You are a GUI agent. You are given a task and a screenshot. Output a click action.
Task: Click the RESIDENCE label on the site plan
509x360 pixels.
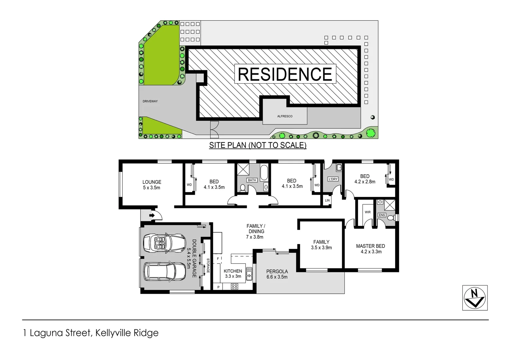click(285, 74)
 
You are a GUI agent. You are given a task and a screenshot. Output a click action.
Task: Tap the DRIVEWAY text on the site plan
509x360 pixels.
click(150, 101)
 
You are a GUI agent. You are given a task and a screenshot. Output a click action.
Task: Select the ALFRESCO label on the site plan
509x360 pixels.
click(285, 116)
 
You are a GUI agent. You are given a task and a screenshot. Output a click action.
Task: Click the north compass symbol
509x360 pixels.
click(475, 298)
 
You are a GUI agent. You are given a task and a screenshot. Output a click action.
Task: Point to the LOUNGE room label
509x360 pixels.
click(152, 182)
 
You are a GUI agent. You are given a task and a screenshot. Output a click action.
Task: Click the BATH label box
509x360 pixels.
click(252, 180)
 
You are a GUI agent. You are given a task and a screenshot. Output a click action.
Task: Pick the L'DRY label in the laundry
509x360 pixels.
click(333, 179)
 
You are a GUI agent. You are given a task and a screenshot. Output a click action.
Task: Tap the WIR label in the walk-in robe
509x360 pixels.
click(368, 212)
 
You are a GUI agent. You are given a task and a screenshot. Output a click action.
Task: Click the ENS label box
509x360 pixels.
click(382, 215)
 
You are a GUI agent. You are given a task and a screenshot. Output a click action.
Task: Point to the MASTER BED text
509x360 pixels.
click(370, 246)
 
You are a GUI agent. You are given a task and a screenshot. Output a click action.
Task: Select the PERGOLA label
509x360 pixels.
click(277, 271)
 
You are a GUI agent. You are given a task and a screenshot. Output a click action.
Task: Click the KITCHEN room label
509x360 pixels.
click(233, 271)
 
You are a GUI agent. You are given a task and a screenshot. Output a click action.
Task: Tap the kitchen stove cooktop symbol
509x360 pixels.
click(235, 286)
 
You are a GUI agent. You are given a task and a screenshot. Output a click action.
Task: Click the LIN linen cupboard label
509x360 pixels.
click(327, 200)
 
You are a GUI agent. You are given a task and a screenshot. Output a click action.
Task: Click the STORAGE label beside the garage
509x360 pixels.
click(208, 266)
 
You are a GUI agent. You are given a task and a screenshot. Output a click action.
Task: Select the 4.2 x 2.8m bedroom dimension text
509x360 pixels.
click(365, 182)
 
